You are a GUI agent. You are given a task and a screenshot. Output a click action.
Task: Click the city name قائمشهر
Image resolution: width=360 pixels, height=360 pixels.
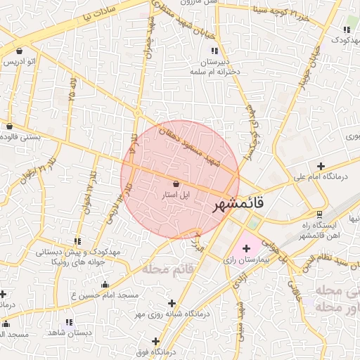(238, 205)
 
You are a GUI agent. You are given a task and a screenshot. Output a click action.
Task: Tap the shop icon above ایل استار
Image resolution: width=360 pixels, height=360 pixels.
(175, 184)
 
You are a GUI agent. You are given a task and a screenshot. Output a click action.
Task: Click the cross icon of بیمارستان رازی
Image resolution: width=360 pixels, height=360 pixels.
(246, 249)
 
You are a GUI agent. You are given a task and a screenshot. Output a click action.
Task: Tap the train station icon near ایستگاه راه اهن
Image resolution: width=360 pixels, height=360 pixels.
(320, 214)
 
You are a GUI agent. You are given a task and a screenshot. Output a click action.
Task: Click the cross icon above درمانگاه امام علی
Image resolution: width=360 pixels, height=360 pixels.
(321, 167)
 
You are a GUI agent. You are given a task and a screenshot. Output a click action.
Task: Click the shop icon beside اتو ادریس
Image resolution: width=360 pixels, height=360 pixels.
(18, 51)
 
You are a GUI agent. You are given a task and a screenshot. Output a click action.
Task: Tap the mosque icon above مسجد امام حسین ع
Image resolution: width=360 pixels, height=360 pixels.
(105, 285)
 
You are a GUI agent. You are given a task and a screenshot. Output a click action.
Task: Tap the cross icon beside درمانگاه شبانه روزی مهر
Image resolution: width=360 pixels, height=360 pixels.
(172, 303)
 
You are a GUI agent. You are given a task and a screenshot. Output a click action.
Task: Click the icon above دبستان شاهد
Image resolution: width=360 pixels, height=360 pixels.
(69, 322)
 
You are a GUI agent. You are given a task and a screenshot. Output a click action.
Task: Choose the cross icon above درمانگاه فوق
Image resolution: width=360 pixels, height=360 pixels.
(155, 341)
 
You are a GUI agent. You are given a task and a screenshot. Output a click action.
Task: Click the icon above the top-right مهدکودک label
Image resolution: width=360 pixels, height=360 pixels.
(347, 30)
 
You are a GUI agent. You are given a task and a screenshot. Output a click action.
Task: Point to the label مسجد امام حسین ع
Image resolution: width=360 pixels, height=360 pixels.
(104, 296)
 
